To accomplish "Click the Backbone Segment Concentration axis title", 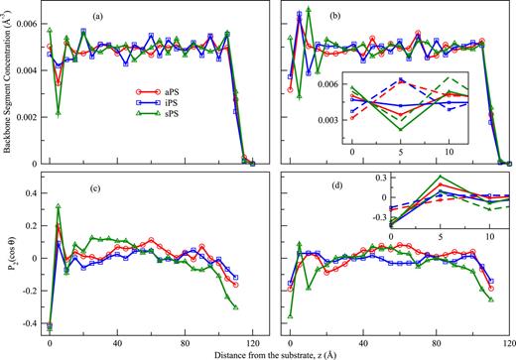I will [9, 84].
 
